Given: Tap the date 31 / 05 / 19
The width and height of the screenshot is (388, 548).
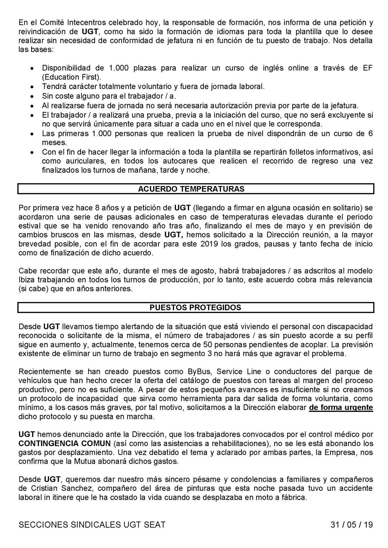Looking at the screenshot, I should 352,525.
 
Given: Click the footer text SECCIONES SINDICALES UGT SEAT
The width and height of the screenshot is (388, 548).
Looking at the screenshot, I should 92,525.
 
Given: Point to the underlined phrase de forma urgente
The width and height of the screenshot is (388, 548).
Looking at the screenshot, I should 341,408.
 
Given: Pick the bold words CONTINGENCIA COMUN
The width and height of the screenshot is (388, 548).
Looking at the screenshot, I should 65,443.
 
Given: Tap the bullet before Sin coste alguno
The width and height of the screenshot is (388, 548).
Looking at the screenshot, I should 32,97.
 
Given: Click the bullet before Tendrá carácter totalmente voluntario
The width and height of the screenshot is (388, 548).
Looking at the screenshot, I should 32,87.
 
